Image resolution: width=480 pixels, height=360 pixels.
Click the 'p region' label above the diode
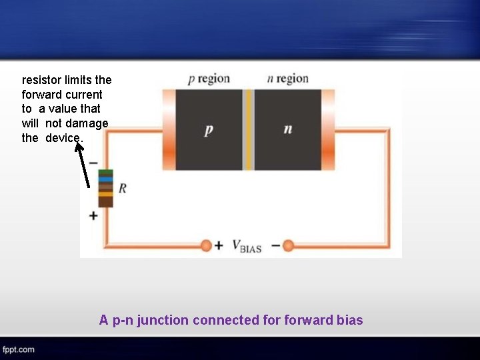(x=209, y=79)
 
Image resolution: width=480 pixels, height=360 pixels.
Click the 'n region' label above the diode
(x=287, y=79)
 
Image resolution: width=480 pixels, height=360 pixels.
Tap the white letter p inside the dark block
(x=209, y=129)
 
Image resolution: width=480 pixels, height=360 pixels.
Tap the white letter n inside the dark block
(x=287, y=129)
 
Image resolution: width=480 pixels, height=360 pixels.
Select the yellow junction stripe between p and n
(x=249, y=129)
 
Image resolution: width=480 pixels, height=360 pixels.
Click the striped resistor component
(x=105, y=189)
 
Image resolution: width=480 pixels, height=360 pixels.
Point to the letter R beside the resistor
(x=123, y=189)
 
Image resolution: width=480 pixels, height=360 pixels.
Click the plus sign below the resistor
(x=93, y=216)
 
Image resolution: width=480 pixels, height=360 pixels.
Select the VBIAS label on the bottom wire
(x=247, y=246)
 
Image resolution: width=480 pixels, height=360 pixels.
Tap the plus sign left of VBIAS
(x=219, y=245)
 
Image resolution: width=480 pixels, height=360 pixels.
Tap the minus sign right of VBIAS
(x=276, y=245)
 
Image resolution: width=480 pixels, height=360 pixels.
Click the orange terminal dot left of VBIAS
(x=206, y=245)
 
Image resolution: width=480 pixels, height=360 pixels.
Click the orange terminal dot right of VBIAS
(x=288, y=245)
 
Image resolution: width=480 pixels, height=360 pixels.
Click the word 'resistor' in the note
(x=41, y=80)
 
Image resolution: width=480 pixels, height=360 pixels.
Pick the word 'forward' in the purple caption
(x=309, y=320)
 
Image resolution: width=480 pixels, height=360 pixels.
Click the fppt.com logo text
(x=18, y=349)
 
